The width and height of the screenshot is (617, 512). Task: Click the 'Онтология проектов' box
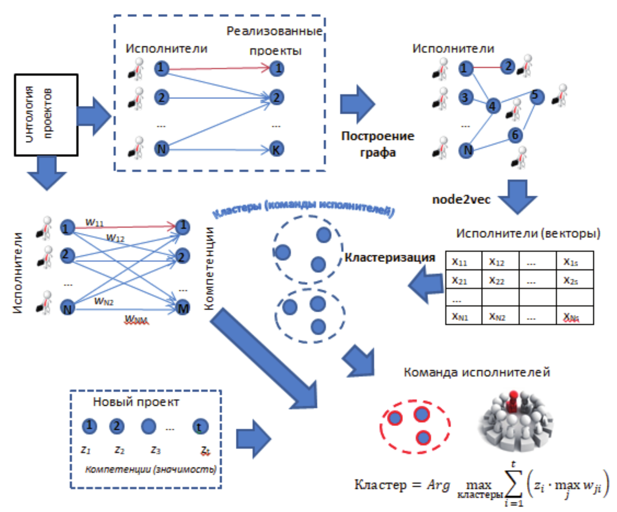point(46,115)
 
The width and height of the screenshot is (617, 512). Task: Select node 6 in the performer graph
point(515,135)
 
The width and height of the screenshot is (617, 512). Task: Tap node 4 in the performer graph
point(493,106)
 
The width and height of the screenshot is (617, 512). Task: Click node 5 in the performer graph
point(536,96)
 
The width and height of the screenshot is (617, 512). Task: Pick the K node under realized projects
point(277,149)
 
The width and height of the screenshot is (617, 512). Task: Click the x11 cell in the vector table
point(463,261)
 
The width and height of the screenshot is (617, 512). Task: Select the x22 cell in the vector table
point(500,280)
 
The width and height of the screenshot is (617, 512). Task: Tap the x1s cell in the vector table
point(574,261)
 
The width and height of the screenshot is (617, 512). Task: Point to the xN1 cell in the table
point(463,316)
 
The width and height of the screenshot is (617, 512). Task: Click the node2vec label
point(461,199)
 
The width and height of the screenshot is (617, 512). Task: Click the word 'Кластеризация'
point(390,257)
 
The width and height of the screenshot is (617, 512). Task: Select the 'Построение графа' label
point(378,144)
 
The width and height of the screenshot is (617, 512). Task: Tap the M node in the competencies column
point(183,308)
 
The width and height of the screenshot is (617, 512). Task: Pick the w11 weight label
point(94,222)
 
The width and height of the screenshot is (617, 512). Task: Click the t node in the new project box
point(200,426)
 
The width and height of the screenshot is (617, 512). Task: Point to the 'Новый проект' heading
point(136,402)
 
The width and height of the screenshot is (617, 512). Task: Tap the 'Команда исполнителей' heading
point(477,372)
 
